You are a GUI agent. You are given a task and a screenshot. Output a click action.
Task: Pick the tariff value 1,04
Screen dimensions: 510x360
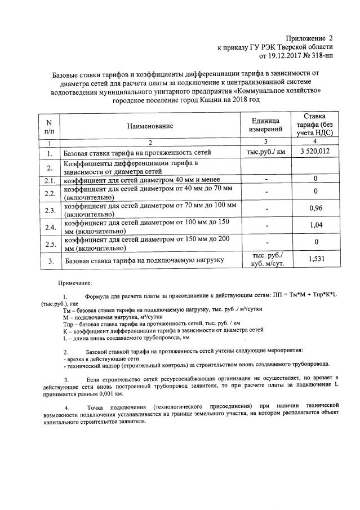315,227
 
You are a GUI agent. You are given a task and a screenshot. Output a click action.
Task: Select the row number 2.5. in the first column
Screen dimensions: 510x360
50,244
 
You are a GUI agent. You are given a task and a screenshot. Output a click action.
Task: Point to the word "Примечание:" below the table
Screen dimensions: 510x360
77,282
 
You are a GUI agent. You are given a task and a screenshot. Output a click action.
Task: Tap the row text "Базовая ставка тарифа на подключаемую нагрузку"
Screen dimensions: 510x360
144,260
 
